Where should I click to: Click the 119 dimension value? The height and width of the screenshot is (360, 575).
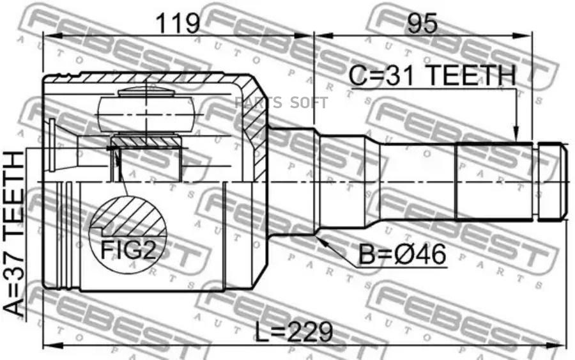click(x=178, y=24)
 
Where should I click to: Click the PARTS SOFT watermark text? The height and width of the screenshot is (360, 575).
click(x=282, y=103)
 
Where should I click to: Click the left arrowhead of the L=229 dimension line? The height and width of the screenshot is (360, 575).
click(x=46, y=346)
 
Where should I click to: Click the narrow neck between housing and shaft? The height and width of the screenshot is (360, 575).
click(x=291, y=182)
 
